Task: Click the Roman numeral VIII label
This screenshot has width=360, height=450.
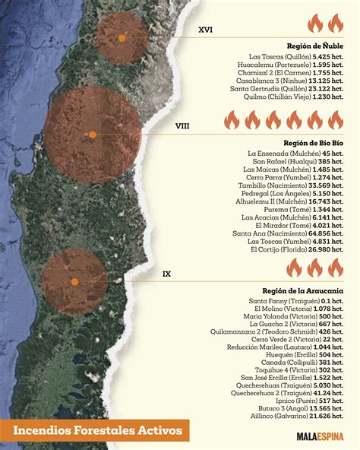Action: tap(183, 126)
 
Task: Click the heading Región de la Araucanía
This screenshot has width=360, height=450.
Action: tap(303, 290)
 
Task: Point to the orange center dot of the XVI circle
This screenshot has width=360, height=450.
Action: tap(122, 37)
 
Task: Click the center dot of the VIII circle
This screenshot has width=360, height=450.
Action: tap(93, 135)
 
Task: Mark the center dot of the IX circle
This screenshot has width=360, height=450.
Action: tap(75, 281)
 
